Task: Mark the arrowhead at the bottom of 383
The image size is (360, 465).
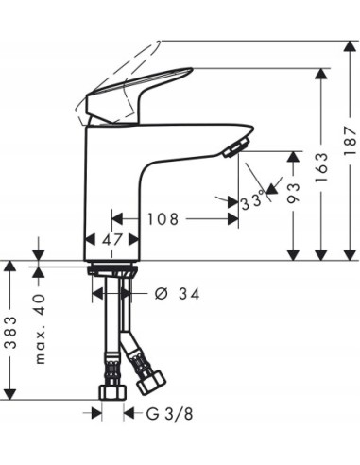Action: coord(13,394)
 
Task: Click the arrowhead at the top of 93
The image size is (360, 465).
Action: coord(294,152)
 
